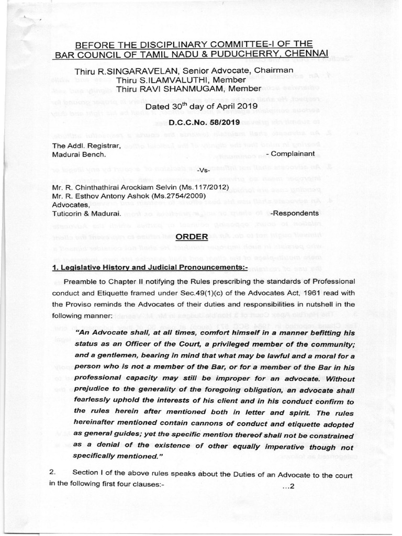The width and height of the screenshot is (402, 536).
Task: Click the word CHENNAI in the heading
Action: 307,54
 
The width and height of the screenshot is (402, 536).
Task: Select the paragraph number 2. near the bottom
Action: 52,472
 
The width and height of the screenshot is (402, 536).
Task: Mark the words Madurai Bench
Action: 80,154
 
